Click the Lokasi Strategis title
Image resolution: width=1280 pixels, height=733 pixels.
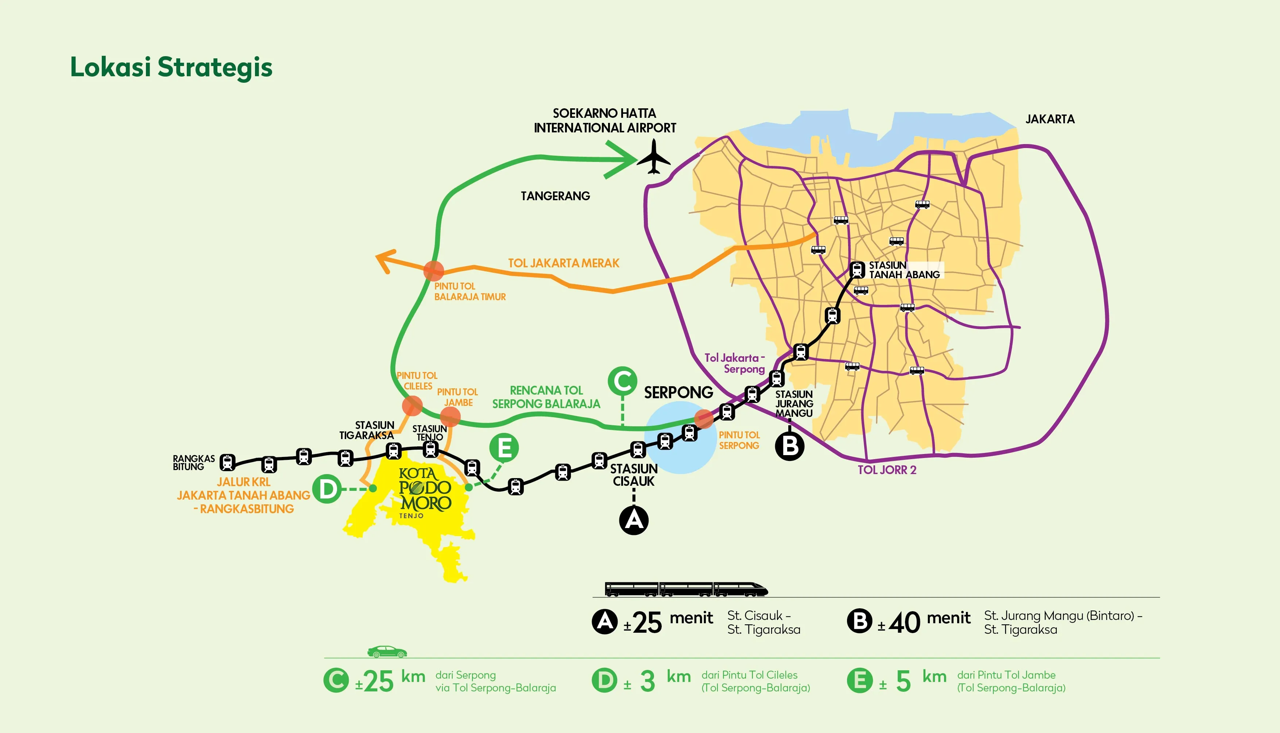[171, 67]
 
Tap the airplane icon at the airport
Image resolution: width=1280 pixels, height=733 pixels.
[654, 158]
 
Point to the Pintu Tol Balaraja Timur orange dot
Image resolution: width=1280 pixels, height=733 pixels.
[433, 271]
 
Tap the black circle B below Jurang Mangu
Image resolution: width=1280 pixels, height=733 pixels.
[789, 446]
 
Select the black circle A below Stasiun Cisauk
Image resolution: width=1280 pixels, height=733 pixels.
[634, 520]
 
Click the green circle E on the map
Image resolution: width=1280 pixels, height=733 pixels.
[503, 447]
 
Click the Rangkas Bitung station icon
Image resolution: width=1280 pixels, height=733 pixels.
[228, 462]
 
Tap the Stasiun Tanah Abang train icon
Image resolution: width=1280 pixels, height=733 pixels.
[857, 269]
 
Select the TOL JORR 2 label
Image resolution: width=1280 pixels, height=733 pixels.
[887, 470]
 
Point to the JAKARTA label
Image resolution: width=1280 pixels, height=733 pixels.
[1050, 119]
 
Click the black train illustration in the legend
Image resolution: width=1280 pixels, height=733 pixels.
[686, 589]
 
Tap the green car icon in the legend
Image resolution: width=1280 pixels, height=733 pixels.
[387, 652]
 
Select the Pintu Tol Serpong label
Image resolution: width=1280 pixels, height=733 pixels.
[739, 440]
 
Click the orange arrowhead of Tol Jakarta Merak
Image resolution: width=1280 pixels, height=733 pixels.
[386, 260]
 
